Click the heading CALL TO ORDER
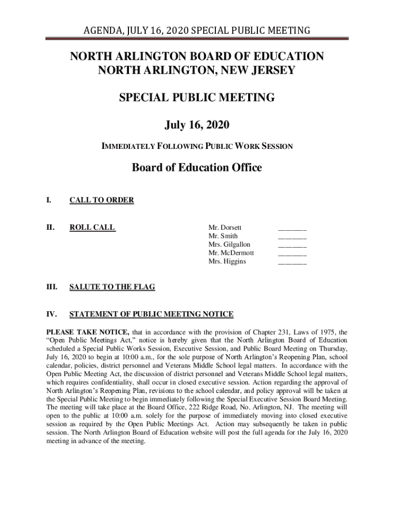point(101,200)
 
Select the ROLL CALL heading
point(92,227)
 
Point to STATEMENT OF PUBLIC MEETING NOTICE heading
point(151,314)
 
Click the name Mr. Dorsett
point(225,227)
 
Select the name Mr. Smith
point(223,236)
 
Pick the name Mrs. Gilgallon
point(229,245)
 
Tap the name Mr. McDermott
point(231,253)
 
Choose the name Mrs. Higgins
point(227,261)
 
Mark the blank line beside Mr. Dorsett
point(292,229)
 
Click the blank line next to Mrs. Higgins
point(292,264)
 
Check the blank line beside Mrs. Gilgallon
point(292,247)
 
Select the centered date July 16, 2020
point(197,124)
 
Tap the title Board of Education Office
point(197,167)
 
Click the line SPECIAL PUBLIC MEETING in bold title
point(197,97)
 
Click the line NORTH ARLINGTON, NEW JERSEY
point(197,70)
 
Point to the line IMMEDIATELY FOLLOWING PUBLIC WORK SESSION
point(197,146)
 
